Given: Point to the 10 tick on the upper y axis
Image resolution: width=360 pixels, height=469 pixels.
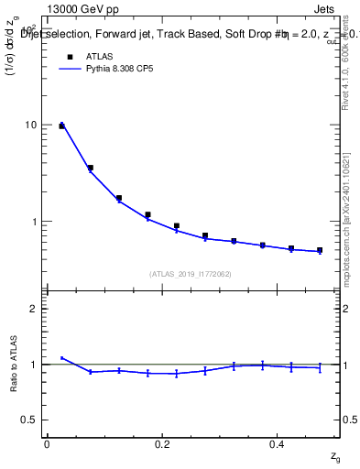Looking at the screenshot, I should point(31,125).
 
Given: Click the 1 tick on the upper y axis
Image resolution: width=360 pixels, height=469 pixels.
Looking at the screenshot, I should point(34,222).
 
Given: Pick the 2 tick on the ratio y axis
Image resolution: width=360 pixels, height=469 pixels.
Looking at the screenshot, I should point(34,309).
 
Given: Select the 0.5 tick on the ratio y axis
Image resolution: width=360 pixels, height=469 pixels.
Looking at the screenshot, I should point(30,420).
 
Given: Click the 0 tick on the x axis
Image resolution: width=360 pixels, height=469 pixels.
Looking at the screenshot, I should point(47,444).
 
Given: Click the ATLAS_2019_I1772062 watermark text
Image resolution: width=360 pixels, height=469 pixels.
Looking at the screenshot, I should point(191,273).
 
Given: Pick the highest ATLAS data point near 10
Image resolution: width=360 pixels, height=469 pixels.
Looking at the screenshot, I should point(61,125).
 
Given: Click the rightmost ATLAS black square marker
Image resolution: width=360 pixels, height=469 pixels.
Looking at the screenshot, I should point(320,250).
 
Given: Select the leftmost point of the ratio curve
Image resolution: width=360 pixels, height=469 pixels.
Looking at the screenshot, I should point(61,358).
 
